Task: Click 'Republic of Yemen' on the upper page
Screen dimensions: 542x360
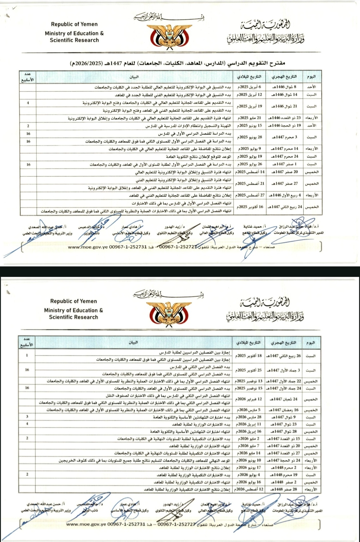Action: [74, 24]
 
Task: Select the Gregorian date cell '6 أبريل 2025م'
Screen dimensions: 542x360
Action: [249, 87]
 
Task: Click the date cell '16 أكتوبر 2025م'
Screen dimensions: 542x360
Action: [250, 207]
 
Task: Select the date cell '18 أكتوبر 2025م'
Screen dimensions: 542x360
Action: [249, 356]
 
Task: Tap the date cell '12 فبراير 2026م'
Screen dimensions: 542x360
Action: [249, 399]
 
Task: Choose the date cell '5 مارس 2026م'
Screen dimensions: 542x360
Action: [249, 410]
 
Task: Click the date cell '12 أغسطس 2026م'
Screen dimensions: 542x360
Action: [249, 489]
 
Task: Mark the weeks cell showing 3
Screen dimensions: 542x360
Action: [27, 417]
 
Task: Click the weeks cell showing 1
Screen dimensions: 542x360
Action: [27, 355]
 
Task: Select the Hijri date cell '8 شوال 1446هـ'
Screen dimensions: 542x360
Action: [285, 87]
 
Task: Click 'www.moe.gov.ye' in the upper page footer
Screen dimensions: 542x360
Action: [88, 247]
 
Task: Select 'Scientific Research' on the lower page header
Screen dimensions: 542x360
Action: [74, 317]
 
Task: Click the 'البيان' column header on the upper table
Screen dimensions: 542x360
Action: [134, 77]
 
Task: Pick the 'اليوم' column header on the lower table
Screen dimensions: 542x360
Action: [310, 343]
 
